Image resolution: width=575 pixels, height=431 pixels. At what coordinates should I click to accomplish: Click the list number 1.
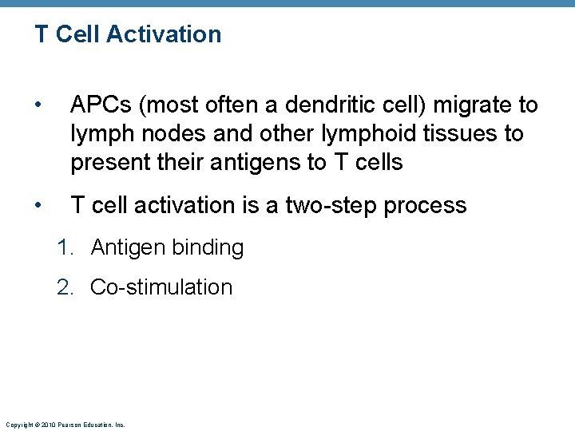[64, 247]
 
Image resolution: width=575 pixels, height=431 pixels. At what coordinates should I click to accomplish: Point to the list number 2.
[65, 287]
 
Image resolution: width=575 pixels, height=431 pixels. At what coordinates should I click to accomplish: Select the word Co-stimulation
[161, 287]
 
